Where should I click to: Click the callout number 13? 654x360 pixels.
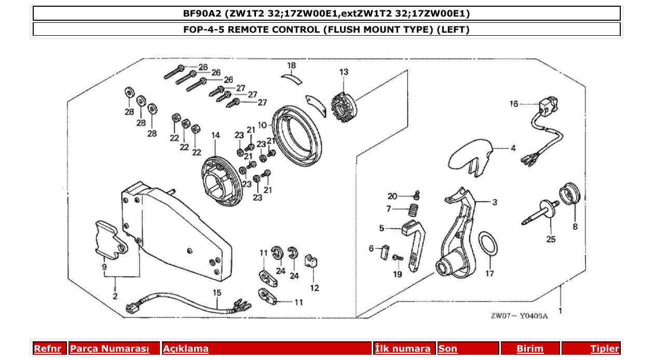click(344, 72)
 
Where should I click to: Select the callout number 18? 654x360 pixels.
click(292, 65)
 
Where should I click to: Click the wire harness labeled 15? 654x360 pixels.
click(187, 303)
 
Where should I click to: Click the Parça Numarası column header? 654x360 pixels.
click(109, 349)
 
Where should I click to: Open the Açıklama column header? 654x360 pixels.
click(186, 349)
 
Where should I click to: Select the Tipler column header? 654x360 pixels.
click(604, 349)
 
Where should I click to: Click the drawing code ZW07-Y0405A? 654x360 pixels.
click(519, 315)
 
